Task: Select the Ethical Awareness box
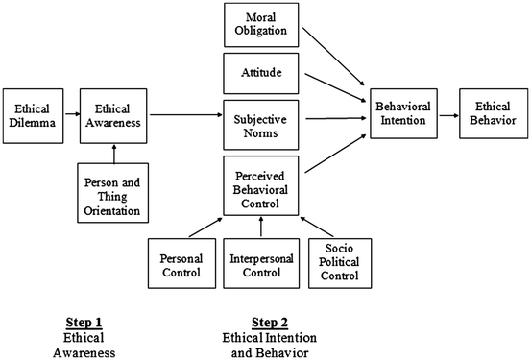click(113, 115)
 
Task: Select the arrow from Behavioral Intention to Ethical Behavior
click(448, 115)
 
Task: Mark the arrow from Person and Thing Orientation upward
click(113, 151)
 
